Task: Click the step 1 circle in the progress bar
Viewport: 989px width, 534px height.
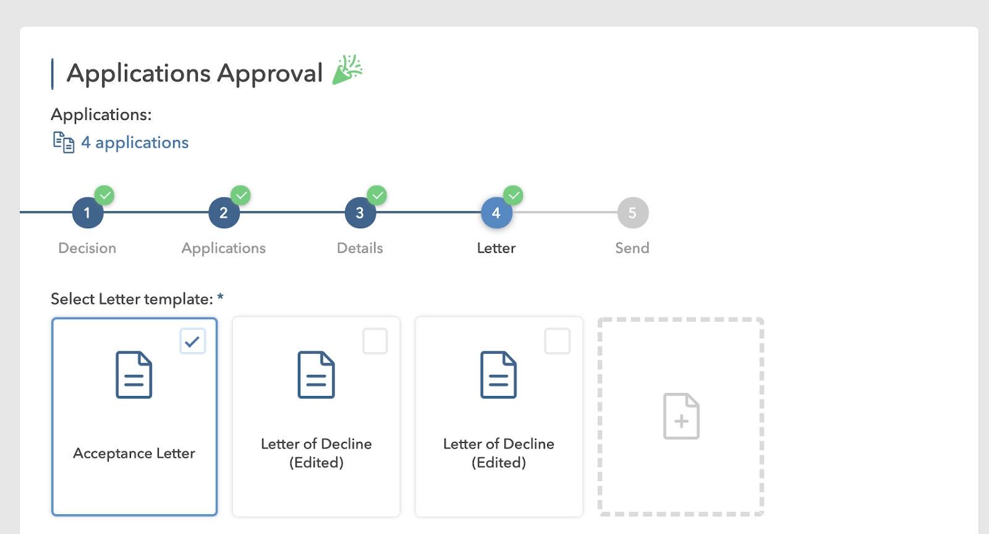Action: pyautogui.click(x=87, y=213)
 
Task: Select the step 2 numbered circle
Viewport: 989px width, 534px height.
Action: pyautogui.click(x=224, y=213)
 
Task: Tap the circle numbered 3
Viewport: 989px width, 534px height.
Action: pyautogui.click(x=360, y=213)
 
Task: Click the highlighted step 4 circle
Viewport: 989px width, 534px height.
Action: pyautogui.click(x=496, y=213)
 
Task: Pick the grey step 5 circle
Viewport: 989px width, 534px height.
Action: pyautogui.click(x=632, y=213)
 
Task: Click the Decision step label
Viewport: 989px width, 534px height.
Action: pyautogui.click(x=87, y=248)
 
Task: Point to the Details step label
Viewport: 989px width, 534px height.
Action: pyautogui.click(x=360, y=248)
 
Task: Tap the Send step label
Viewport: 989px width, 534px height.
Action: pyautogui.click(x=632, y=248)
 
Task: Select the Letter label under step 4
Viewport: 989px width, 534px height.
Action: pyautogui.click(x=496, y=248)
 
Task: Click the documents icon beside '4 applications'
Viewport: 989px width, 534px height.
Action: pyautogui.click(x=63, y=142)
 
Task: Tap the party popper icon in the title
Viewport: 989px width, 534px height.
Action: pyautogui.click(x=347, y=70)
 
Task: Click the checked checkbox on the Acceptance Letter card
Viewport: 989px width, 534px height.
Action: pyautogui.click(x=192, y=341)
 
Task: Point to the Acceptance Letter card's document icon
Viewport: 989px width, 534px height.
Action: pyautogui.click(x=134, y=375)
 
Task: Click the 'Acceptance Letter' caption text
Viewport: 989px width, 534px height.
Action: pyautogui.click(x=134, y=454)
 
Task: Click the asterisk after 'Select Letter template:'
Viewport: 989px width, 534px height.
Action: pyautogui.click(x=220, y=298)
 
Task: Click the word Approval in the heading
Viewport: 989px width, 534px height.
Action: pyautogui.click(x=270, y=74)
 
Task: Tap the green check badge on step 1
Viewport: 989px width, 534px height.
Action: pyautogui.click(x=104, y=196)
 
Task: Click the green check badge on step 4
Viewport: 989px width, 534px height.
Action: pyautogui.click(x=513, y=196)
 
